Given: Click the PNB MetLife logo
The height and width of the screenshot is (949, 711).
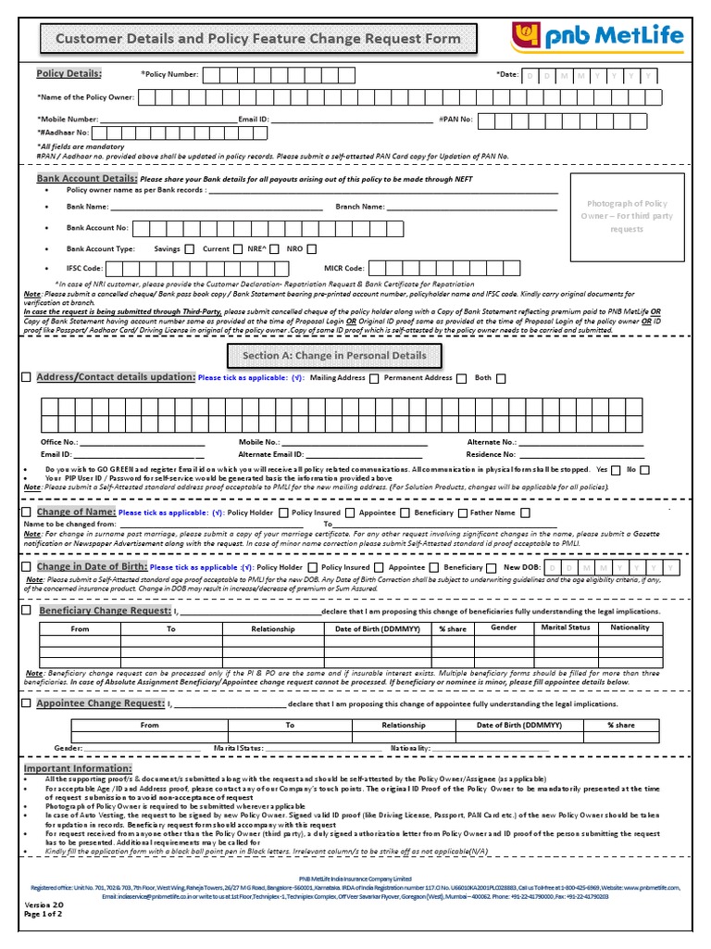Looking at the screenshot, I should point(599,39).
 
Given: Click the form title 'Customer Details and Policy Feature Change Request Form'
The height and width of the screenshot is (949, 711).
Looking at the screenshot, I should point(258,39).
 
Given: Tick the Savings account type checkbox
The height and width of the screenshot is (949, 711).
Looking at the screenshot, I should point(190,248).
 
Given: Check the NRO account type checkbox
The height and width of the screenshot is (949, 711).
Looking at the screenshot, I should point(311,248).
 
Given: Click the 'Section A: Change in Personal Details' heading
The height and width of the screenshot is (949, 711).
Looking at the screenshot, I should point(334,355).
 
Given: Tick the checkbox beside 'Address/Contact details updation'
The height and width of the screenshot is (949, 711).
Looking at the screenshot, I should point(26,377).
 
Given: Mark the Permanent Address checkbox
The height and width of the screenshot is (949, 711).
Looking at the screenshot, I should point(374,378).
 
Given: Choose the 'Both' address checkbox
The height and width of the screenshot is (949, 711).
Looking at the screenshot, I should point(501,378).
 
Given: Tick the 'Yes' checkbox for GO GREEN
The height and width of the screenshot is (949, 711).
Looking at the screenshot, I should point(617,470).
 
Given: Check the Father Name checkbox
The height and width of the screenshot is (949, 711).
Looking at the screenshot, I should point(526,512).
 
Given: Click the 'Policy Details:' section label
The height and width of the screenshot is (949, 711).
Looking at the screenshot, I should point(69,73).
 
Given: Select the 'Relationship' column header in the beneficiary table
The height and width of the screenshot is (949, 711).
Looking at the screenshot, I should point(272,629).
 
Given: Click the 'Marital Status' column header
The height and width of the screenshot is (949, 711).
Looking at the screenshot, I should point(565,628).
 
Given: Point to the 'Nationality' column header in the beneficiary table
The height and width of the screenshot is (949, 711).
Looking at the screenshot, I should point(630,628).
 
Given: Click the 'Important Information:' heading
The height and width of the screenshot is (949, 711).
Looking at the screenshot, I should point(78,769).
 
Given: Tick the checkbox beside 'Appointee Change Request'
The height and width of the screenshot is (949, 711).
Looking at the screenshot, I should point(26,704).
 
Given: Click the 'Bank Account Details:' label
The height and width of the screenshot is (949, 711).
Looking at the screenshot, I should point(86,178).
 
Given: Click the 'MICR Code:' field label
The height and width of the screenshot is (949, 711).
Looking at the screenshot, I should point(344,268).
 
